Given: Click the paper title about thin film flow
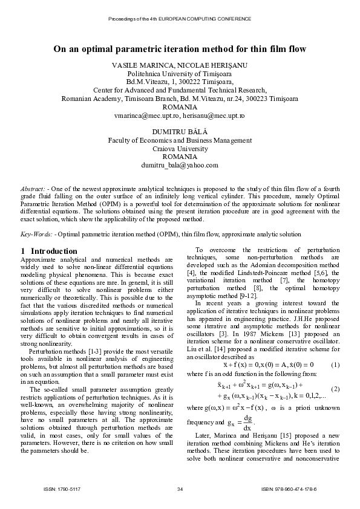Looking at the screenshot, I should [180, 48].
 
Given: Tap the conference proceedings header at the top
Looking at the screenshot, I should [180, 19].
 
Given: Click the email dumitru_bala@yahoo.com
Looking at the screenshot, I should [180, 165].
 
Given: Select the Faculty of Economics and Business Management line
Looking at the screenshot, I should [180, 140].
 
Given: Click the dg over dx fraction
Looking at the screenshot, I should [247, 419].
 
